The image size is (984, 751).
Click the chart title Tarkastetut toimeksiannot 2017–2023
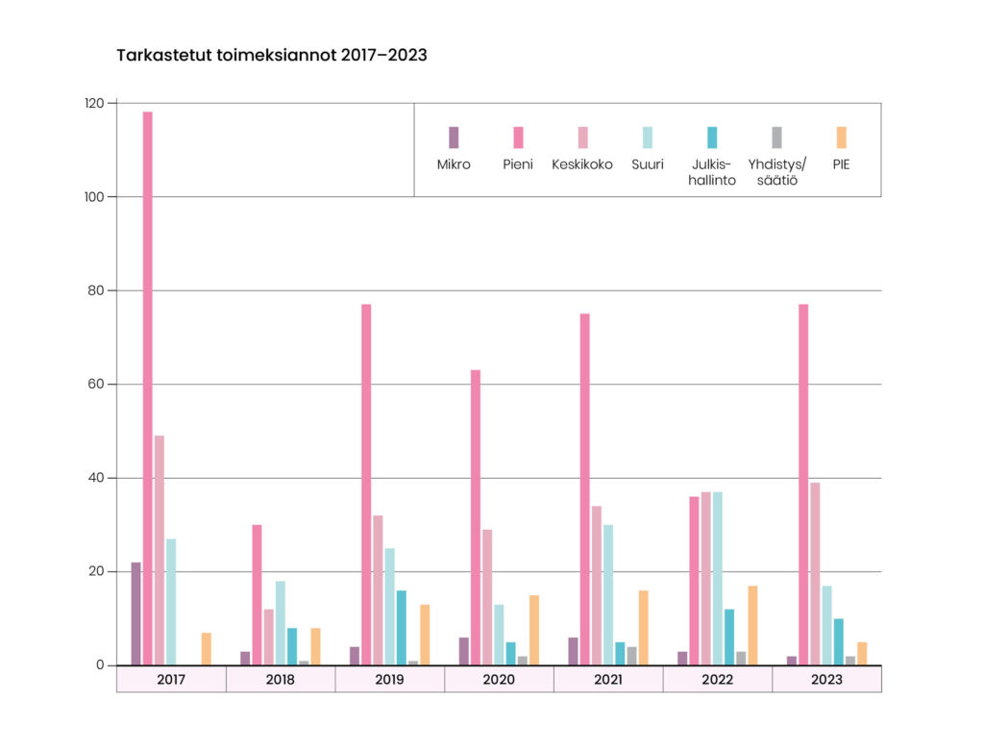272,55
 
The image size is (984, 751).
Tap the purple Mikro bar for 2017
136,613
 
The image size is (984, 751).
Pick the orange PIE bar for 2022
752,625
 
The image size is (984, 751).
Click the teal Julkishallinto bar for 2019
402,627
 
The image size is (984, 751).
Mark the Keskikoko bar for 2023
815,573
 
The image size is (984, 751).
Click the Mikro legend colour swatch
454,137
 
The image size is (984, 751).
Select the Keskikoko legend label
582,164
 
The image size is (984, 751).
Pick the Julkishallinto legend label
712,172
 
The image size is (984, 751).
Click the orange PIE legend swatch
842,137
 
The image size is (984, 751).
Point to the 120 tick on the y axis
96,103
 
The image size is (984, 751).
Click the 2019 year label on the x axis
389,679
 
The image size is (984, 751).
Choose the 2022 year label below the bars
717,679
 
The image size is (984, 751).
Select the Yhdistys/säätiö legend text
777,172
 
